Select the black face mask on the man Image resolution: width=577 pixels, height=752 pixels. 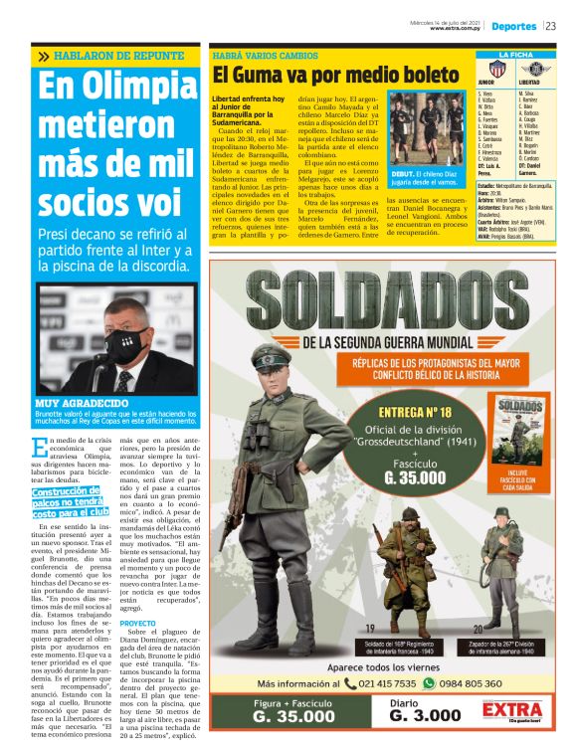[126, 346]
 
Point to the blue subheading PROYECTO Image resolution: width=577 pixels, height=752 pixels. [138, 623]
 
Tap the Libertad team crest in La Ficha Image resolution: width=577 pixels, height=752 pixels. [537, 68]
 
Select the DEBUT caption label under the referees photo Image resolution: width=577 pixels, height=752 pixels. [406, 173]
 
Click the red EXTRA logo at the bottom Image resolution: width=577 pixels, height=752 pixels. [512, 711]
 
